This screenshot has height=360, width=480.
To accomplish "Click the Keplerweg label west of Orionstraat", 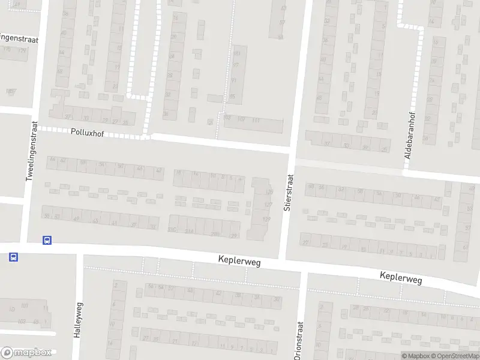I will point(239,263).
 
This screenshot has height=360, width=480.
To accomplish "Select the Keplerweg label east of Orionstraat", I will point(401,278).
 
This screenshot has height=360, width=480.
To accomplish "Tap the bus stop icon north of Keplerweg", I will point(47,240).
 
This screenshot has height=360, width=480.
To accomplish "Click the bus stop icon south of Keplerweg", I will point(13,257).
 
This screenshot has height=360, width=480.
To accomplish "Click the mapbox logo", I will point(27,352).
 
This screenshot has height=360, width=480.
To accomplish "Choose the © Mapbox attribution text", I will point(416,356).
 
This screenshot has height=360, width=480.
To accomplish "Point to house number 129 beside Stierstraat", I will point(267,219).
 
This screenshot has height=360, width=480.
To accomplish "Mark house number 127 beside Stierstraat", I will point(268,205).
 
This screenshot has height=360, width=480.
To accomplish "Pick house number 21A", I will point(190,231).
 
